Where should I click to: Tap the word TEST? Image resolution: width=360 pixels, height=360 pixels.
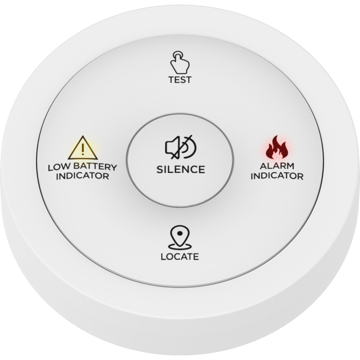[x=180, y=80]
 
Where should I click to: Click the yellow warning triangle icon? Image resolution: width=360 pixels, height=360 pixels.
[x=83, y=148]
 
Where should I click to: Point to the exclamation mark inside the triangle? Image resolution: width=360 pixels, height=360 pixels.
[x=83, y=149]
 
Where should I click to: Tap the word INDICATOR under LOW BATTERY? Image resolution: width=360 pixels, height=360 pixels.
[x=83, y=176]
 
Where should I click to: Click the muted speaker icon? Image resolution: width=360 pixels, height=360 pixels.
[x=181, y=147]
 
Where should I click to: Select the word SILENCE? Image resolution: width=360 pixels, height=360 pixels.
[x=181, y=169]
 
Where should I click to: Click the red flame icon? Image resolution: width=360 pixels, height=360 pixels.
[x=277, y=147]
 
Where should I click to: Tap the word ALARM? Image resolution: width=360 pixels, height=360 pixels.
[x=277, y=166]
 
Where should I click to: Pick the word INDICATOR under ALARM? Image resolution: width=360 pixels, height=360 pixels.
[x=277, y=176]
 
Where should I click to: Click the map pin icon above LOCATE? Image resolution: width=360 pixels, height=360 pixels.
[x=180, y=237]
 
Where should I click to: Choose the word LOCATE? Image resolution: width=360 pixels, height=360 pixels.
[x=180, y=257]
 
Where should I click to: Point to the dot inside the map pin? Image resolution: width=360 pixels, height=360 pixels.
[x=180, y=233]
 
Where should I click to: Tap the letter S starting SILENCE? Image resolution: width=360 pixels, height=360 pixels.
[x=160, y=170]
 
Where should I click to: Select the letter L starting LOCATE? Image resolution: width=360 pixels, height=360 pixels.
[x=164, y=257]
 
